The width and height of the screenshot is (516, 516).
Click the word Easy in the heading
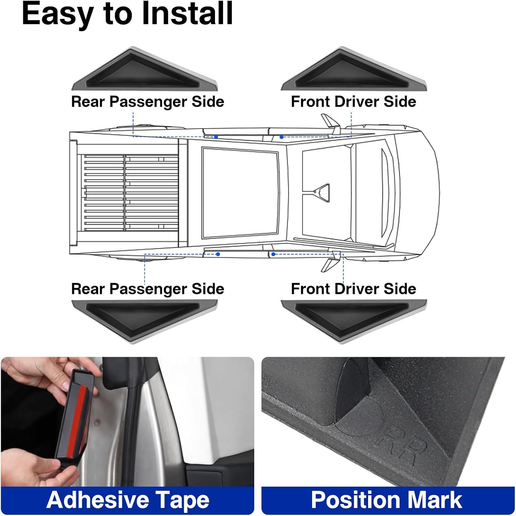(x=57, y=14)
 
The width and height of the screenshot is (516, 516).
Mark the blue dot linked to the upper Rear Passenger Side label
(x=216, y=137)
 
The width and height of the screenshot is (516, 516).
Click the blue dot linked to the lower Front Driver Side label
(x=273, y=254)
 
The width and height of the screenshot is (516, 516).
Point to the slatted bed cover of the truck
(x=131, y=193)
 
